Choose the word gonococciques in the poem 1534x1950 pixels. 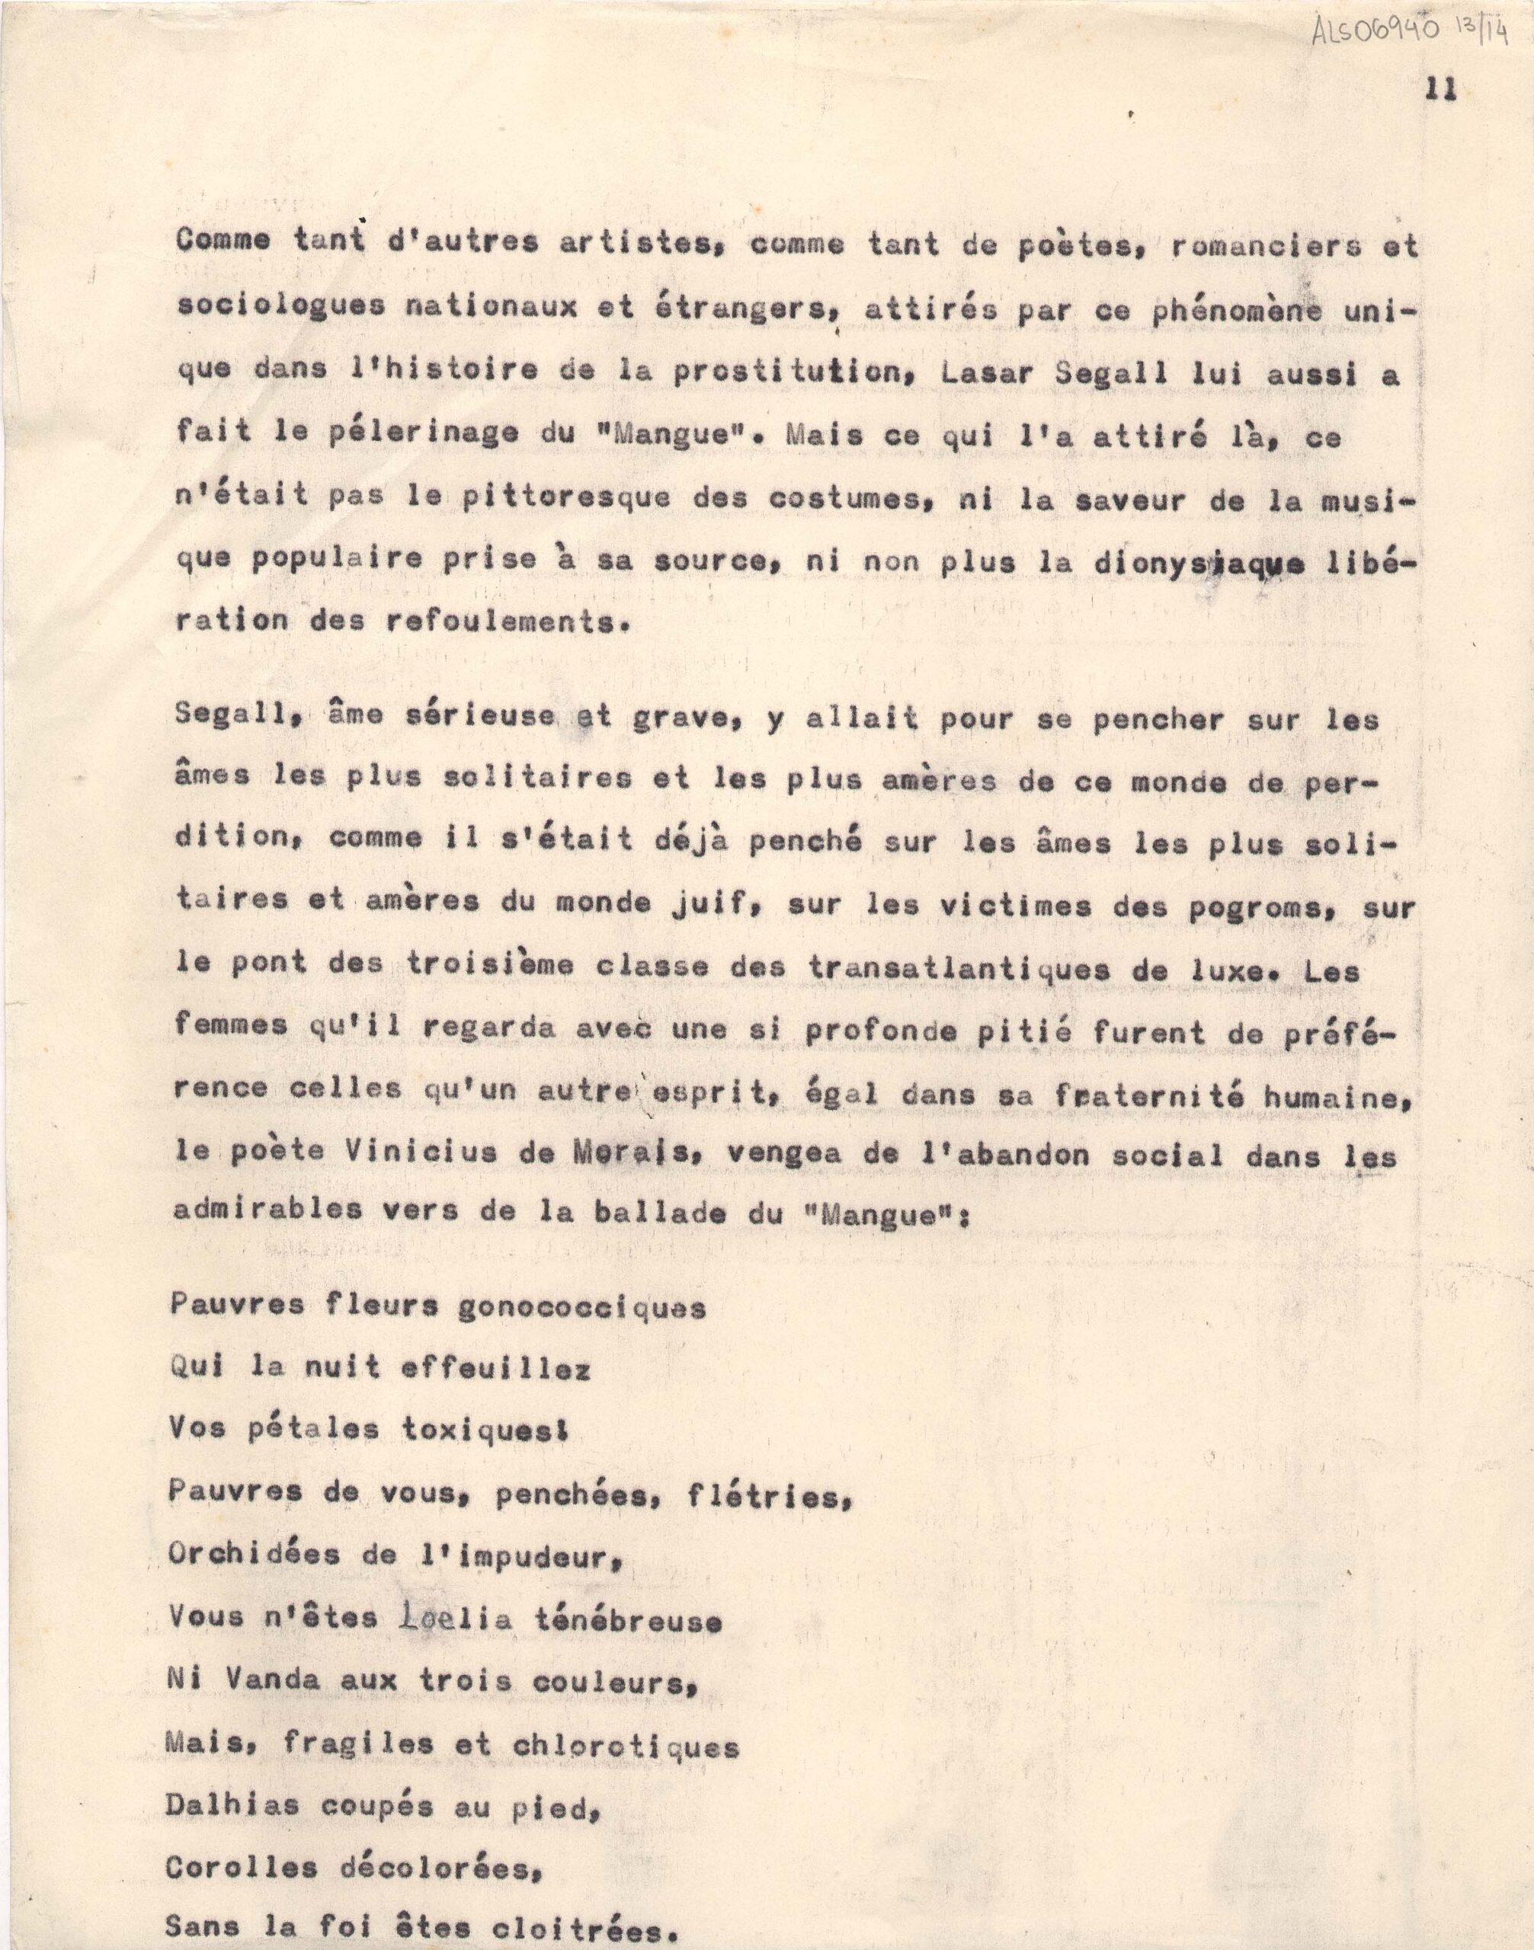(x=582, y=1308)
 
